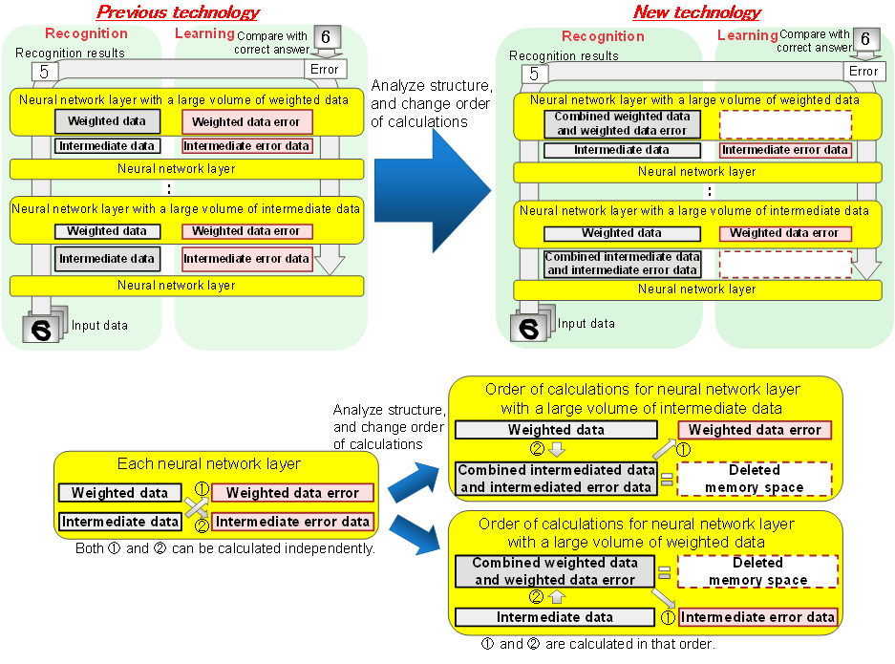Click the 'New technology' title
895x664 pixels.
coord(696,12)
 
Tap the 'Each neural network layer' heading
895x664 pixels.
coord(209,464)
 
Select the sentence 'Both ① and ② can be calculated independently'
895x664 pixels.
coord(225,549)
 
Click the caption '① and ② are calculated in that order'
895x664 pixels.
coord(599,644)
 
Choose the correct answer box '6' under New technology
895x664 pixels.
coord(865,39)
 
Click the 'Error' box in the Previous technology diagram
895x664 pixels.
coord(323,70)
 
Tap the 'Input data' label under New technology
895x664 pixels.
coord(586,323)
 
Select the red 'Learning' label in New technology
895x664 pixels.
coord(747,35)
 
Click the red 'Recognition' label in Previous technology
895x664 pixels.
coord(85,33)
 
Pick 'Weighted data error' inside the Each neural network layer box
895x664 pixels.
coord(292,493)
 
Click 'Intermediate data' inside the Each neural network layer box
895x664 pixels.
coord(119,522)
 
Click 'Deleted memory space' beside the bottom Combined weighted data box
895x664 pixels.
coord(756,571)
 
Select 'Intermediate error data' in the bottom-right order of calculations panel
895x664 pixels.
coord(757,617)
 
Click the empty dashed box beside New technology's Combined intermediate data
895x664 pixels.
coord(784,264)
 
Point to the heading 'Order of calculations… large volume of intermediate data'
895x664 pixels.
coord(642,399)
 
